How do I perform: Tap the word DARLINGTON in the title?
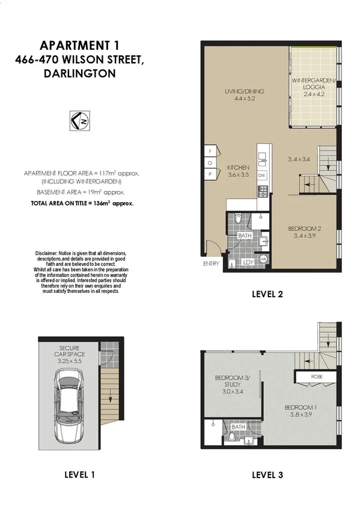(x=78, y=73)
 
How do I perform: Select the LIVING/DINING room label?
(x=244, y=95)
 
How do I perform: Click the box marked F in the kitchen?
(x=211, y=151)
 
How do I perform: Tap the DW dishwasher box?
(x=262, y=175)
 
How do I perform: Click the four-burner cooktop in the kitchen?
(x=262, y=192)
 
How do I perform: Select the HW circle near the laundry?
(x=262, y=258)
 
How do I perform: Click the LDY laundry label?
(x=246, y=262)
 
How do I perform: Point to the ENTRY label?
(x=210, y=263)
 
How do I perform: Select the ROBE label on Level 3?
(x=316, y=378)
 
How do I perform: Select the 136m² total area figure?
(x=102, y=203)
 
